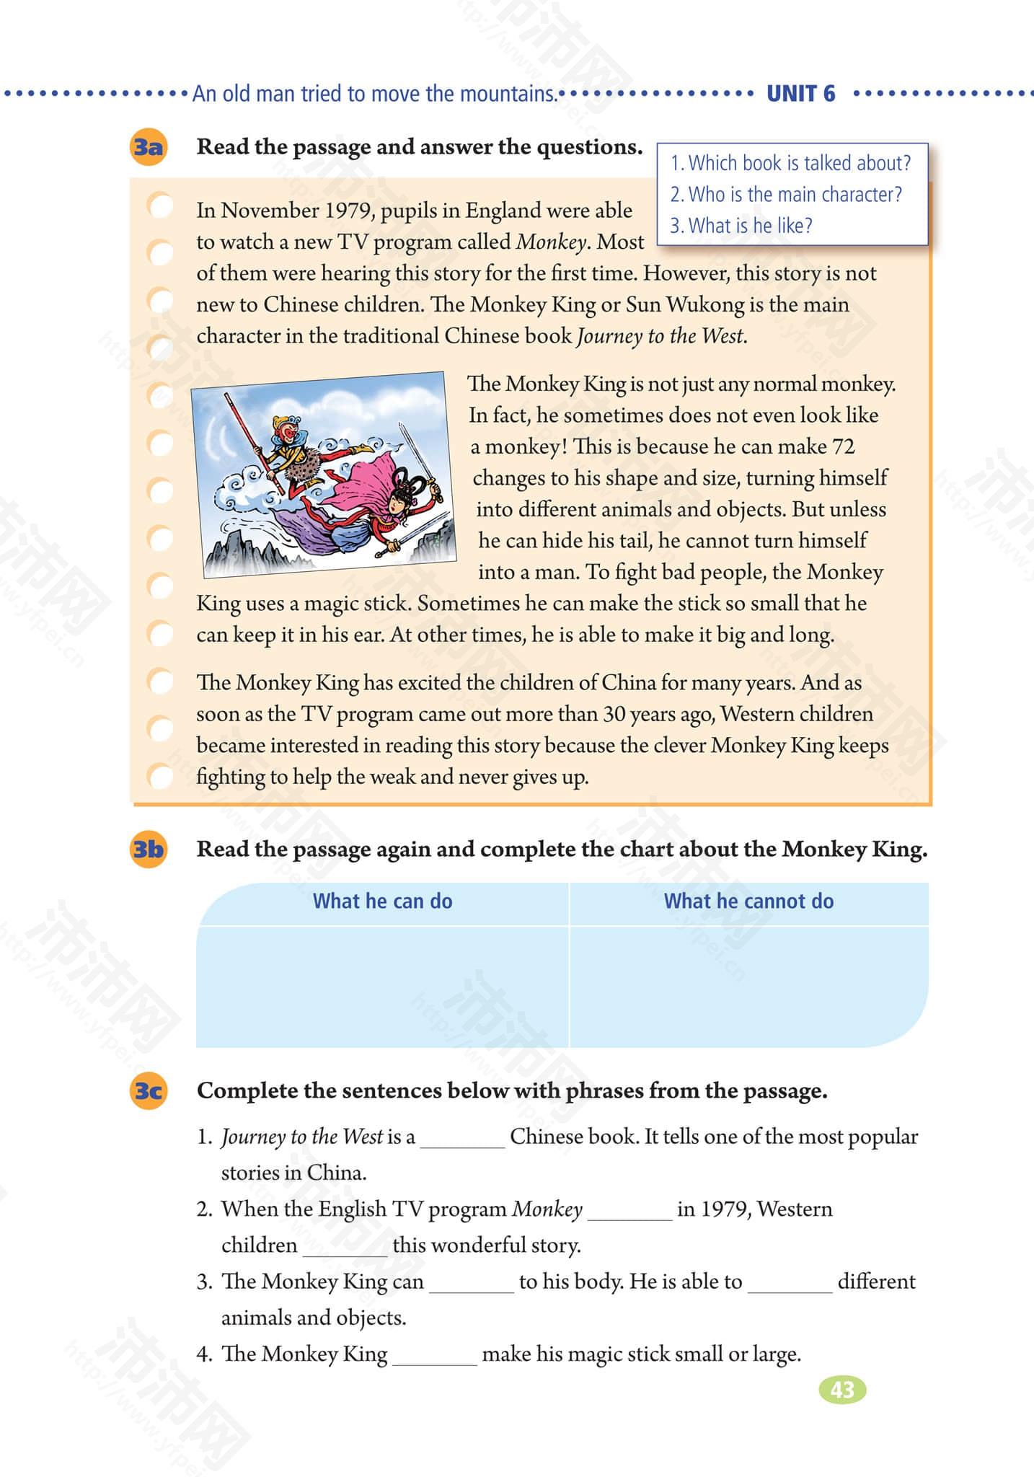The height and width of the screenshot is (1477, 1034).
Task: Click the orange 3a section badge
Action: click(x=148, y=147)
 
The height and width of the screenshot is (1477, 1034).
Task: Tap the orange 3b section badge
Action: click(x=148, y=850)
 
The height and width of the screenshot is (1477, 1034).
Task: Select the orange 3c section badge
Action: click(x=148, y=1090)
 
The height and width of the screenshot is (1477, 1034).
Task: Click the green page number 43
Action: click(x=842, y=1389)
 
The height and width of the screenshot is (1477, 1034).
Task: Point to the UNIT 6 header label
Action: click(x=800, y=94)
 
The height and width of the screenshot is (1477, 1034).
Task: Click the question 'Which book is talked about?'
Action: click(x=791, y=163)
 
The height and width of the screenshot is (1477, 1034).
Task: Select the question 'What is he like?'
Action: click(x=741, y=226)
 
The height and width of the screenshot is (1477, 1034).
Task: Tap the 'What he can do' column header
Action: click(x=382, y=901)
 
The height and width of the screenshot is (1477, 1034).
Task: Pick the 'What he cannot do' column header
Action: click(x=748, y=901)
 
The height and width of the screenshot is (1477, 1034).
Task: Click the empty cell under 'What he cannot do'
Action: click(x=748, y=985)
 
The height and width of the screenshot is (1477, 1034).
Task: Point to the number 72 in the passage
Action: click(x=843, y=447)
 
